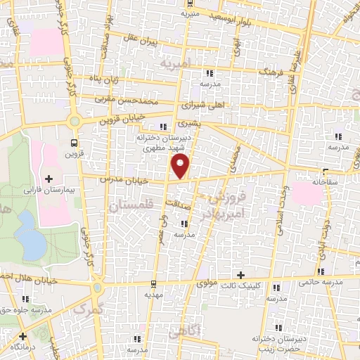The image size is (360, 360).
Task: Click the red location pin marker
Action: click(181, 166)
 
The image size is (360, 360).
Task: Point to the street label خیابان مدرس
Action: click(126, 181)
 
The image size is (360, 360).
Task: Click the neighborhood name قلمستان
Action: click(131, 205)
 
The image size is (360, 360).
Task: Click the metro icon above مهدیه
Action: click(153, 284)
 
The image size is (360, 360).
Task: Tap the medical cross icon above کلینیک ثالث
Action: click(242, 274)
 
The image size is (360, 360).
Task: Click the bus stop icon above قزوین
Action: click(75, 141)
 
